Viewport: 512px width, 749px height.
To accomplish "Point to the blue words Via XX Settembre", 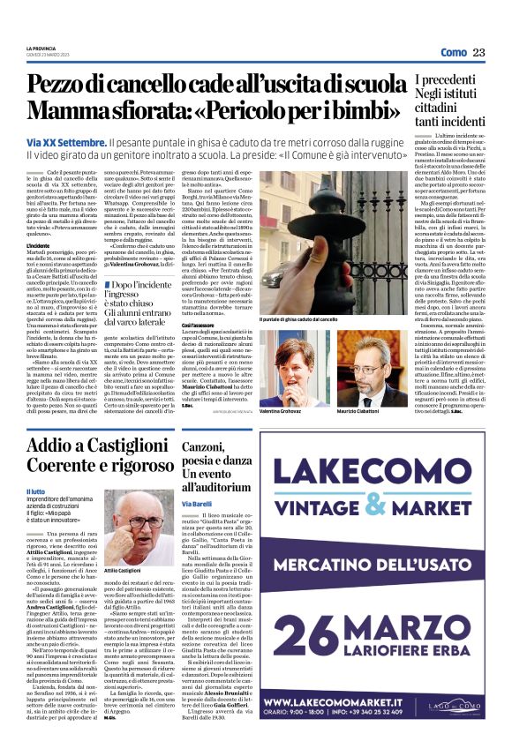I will [x=67, y=142].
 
